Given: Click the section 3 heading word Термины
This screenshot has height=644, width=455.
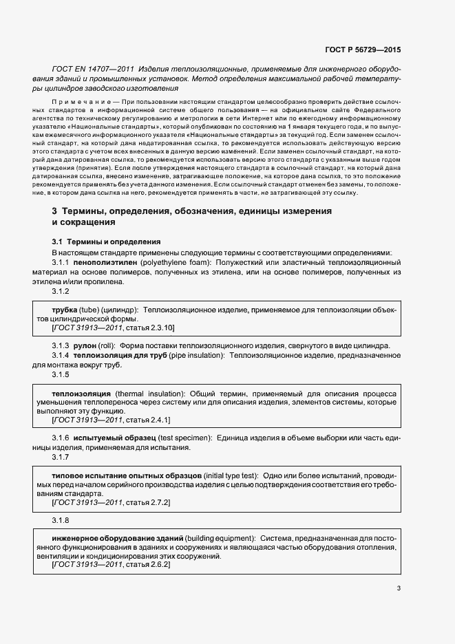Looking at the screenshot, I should pos(94,212).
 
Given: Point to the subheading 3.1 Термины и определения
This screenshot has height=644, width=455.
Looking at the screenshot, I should pos(107,242).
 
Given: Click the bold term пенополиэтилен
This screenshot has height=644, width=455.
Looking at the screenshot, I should pos(106,263).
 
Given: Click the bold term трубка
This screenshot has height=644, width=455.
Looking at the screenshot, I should pos(64,310).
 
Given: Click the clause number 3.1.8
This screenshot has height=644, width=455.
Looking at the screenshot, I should pos(61,520).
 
